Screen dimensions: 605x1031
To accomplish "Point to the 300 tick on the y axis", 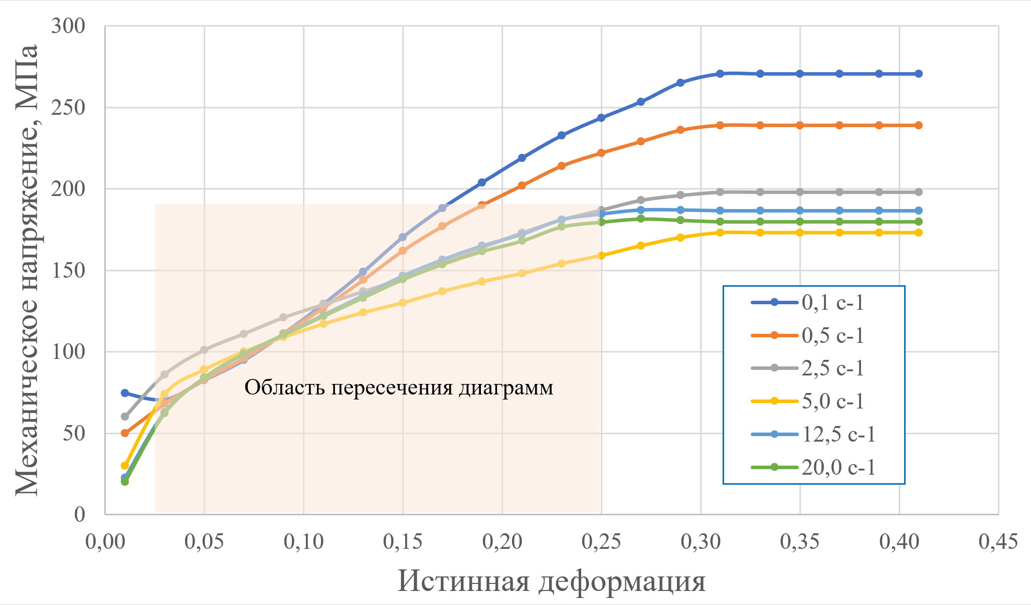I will (68, 26).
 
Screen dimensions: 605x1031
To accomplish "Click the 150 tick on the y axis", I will (68, 271).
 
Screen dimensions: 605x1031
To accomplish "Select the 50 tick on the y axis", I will (74, 434).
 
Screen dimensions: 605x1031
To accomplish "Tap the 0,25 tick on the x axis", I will (601, 542).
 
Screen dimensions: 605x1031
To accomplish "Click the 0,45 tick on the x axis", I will (998, 542).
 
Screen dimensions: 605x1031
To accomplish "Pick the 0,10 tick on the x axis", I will (303, 542).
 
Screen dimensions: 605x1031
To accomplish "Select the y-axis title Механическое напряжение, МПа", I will (26, 270).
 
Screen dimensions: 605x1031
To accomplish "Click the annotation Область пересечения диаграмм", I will (399, 387).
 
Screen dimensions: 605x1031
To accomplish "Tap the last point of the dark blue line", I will (919, 74).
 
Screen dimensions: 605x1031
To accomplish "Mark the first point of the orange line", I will (125, 433).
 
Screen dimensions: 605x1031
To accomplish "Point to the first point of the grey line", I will (125, 417).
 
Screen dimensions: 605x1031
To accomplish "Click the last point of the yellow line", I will (919, 233).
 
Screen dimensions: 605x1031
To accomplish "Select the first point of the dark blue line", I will (125, 393).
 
